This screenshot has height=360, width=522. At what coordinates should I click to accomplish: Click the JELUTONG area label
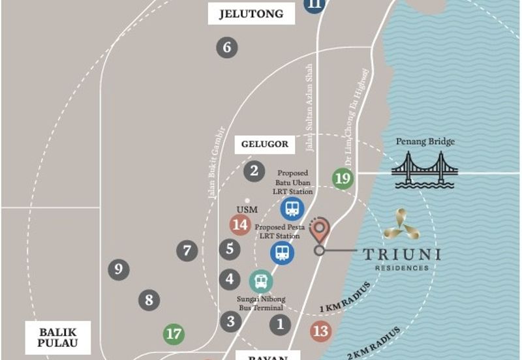pyautogui.click(x=242, y=13)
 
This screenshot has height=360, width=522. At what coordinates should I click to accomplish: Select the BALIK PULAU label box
pyautogui.click(x=57, y=337)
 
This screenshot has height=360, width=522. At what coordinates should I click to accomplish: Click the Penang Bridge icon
pyautogui.click(x=424, y=170)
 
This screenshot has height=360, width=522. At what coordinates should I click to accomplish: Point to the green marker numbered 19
pyautogui.click(x=343, y=178)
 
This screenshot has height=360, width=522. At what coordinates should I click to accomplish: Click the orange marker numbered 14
pyautogui.click(x=240, y=225)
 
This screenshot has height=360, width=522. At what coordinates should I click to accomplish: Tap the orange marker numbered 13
pyautogui.click(x=320, y=331)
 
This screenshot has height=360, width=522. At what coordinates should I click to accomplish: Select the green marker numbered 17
pyautogui.click(x=174, y=335)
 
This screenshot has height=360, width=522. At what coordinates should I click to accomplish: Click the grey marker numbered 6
pyautogui.click(x=226, y=47)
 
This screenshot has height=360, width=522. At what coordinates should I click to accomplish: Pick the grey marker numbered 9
pyautogui.click(x=118, y=269)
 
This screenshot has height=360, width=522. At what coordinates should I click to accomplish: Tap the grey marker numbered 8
pyautogui.click(x=149, y=300)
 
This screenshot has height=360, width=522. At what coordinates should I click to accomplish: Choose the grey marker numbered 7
pyautogui.click(x=187, y=250)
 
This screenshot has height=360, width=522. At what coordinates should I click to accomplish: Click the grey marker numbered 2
pyautogui.click(x=254, y=172)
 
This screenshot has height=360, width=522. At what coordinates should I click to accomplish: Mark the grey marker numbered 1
pyautogui.click(x=280, y=323)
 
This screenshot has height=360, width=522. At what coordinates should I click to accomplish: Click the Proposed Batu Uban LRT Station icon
pyautogui.click(x=292, y=209)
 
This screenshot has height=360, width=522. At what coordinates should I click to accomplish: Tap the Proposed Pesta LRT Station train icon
pyautogui.click(x=282, y=252)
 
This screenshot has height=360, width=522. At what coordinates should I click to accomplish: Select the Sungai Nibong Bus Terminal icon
pyautogui.click(x=260, y=281)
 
